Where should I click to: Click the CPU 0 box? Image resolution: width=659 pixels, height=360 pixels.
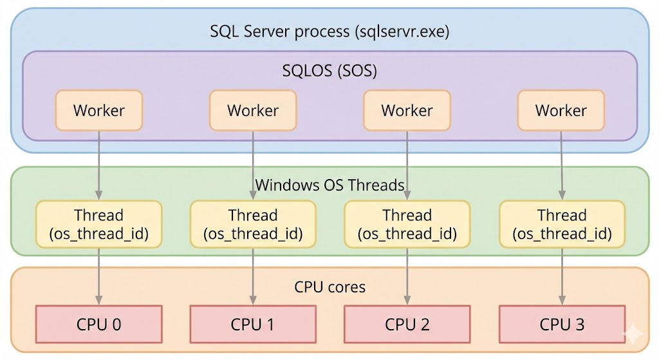98,324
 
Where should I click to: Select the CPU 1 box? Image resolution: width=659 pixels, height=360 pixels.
253,324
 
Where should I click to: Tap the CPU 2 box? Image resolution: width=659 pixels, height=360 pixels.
407,324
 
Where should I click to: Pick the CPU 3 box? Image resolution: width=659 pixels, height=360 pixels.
562,324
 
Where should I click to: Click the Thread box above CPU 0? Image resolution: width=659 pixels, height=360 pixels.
98,224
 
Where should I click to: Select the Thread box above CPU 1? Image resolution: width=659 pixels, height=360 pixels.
253,224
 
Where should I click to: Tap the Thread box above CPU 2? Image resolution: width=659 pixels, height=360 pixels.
407,224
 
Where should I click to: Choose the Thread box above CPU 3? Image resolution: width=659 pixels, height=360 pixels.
562,224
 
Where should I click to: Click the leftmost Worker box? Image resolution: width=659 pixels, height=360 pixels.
98,110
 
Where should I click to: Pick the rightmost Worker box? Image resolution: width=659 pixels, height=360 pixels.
561,110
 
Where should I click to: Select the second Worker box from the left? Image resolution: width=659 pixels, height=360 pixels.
253,110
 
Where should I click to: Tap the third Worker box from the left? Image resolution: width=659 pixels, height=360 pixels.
407,110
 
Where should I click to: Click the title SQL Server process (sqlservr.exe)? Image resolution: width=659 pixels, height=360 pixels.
329,32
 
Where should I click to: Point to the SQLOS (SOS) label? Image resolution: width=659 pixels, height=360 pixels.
329,71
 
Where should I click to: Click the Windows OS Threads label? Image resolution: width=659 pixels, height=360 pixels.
329,185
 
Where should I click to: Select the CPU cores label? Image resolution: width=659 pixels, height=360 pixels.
329,286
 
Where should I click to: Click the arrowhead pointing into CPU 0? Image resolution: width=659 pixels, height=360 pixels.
98,300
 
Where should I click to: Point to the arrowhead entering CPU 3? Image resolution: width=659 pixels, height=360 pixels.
562,300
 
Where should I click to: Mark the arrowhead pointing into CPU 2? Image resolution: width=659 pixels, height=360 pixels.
407,300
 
